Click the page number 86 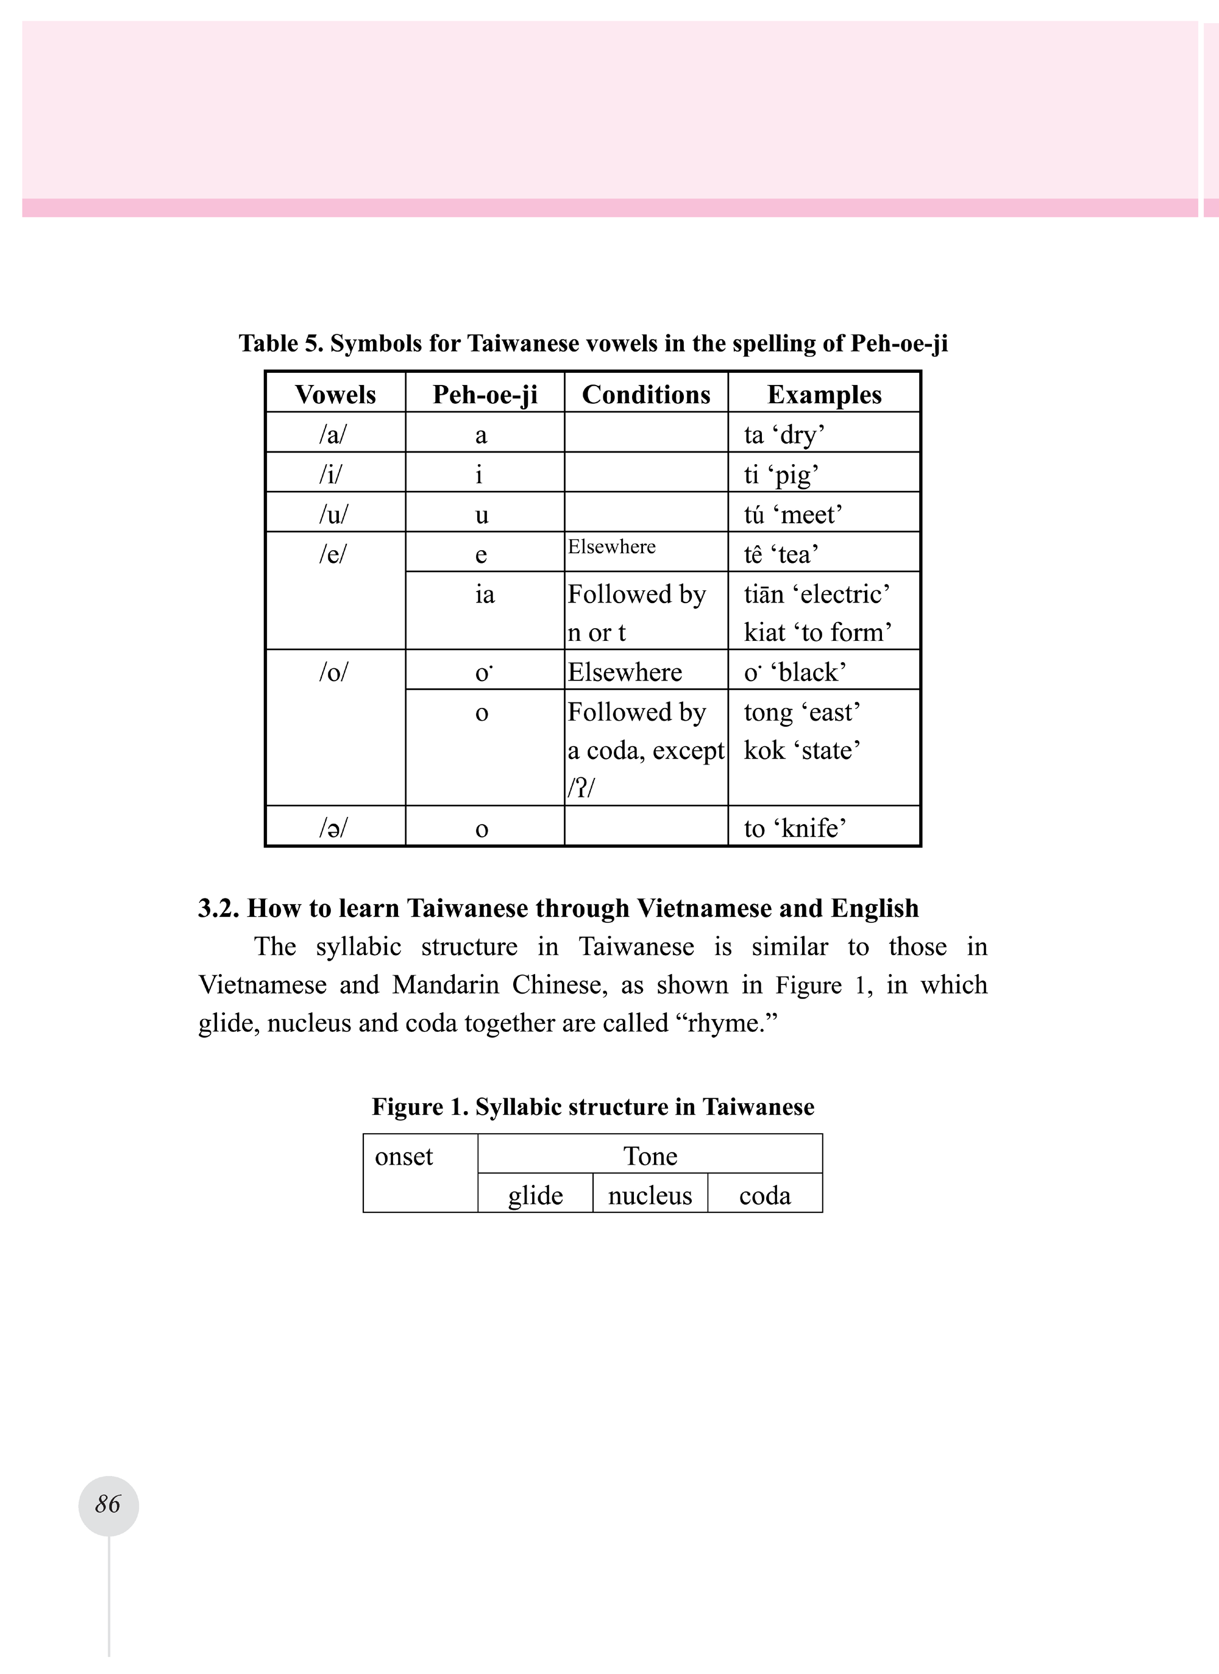(108, 1503)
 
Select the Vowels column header (335, 394)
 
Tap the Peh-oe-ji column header (485, 394)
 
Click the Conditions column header (646, 394)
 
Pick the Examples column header (824, 394)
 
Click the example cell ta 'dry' (784, 434)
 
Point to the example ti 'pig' (781, 474)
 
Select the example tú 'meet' (793, 514)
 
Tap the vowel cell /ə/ (333, 827)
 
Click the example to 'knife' (794, 827)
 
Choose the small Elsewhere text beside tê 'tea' (611, 547)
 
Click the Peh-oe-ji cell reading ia (485, 594)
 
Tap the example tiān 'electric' (817, 594)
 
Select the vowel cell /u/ (333, 514)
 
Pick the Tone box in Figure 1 (650, 1156)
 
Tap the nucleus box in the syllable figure (650, 1195)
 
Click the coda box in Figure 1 (765, 1195)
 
